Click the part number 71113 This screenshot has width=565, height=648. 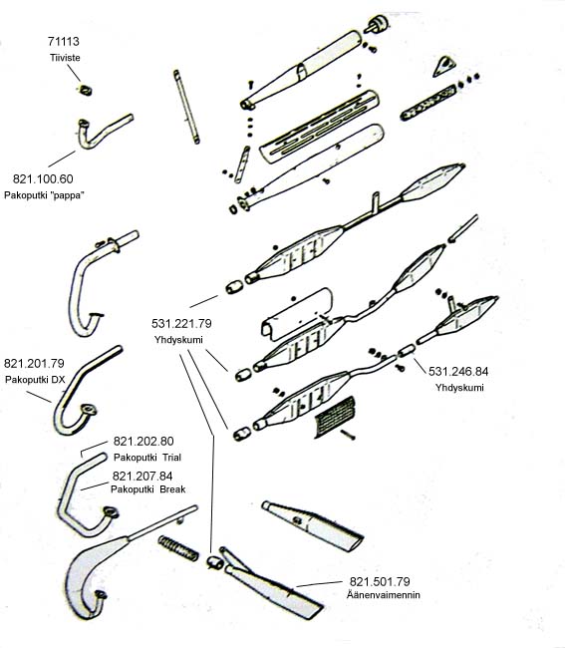click(63, 41)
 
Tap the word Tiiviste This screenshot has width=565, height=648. click(65, 58)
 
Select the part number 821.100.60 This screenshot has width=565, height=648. click(43, 178)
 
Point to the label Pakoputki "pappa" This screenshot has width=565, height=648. click(44, 195)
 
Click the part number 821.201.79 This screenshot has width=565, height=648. click(34, 363)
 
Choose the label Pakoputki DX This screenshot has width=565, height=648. click(35, 380)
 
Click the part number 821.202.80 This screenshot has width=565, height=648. click(143, 441)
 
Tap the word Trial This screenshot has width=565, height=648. click(171, 458)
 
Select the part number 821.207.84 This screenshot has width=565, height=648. click(142, 477)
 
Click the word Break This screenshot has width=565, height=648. click(172, 489)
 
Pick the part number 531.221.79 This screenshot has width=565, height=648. click(181, 324)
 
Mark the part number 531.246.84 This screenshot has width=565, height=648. click(458, 372)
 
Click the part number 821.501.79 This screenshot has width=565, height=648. click(380, 582)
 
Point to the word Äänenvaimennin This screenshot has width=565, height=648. click(384, 595)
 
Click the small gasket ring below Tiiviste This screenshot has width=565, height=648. click(86, 90)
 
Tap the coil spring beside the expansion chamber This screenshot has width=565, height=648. click(178, 548)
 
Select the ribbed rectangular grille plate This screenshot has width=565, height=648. click(336, 417)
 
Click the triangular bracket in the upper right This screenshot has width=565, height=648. click(443, 67)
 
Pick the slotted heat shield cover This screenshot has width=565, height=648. click(319, 126)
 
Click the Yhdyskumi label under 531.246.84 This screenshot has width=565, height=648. click(459, 388)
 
